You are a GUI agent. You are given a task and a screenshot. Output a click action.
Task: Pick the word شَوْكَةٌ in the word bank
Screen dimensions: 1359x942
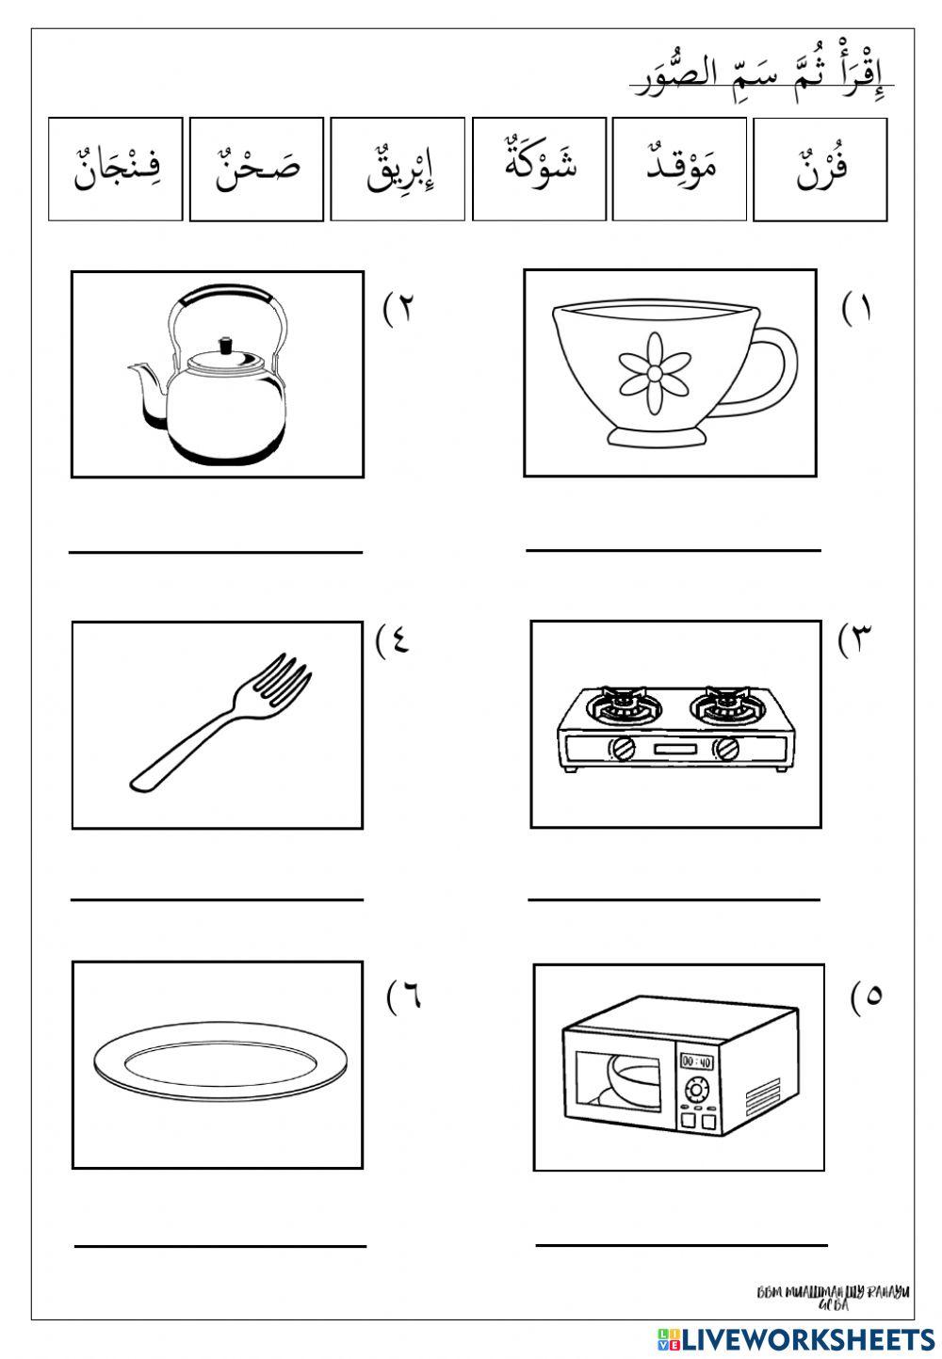tap(539, 169)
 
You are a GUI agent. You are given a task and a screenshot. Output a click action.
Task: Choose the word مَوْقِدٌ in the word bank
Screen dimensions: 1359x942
tap(679, 170)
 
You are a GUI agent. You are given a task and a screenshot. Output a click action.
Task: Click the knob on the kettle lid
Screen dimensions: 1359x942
tap(225, 346)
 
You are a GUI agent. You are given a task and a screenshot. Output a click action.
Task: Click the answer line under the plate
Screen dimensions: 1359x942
tap(219, 1245)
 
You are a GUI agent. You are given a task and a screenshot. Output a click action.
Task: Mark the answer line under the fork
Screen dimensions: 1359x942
tap(217, 899)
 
